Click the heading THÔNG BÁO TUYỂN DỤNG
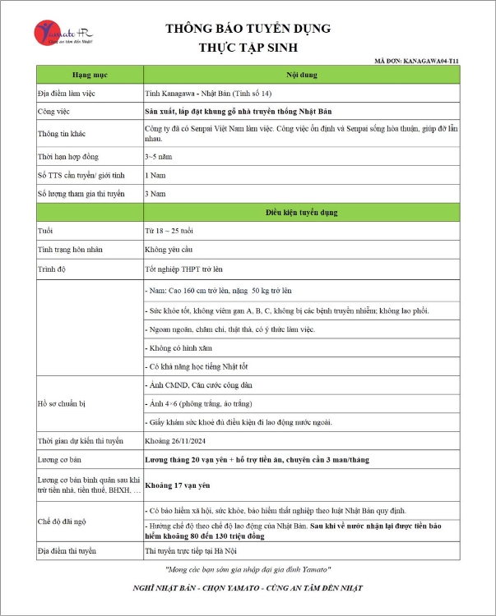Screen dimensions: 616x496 248,29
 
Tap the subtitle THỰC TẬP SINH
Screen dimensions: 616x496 248,48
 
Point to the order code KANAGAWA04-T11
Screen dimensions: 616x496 431,61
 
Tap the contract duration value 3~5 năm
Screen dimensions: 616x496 159,155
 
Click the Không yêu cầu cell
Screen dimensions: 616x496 170,249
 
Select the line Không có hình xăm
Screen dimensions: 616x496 179,347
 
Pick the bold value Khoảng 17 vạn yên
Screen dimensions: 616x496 178,485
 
